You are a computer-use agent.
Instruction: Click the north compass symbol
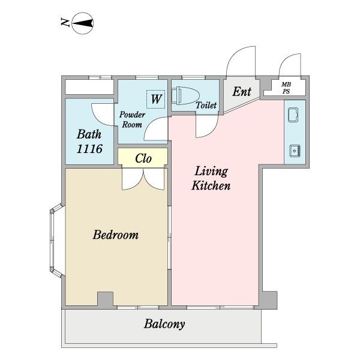[83, 23]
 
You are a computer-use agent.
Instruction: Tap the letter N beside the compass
[65, 23]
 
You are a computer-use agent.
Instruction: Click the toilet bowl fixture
[185, 96]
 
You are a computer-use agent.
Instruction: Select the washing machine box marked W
[156, 99]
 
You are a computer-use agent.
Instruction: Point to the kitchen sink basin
[293, 115]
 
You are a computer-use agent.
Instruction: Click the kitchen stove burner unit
[295, 151]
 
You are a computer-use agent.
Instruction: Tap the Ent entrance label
[242, 92]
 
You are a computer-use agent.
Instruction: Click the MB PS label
[286, 88]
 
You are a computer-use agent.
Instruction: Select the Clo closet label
[143, 158]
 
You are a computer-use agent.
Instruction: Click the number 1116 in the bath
[89, 149]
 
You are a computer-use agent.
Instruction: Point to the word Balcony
[164, 324]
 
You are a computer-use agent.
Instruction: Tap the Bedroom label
[115, 235]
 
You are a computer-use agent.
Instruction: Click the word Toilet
[206, 105]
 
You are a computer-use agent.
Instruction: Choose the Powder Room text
[132, 119]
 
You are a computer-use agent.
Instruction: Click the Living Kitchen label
[211, 178]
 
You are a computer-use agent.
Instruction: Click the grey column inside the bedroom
[106, 299]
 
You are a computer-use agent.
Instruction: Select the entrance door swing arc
[241, 61]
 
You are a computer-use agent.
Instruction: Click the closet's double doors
[143, 179]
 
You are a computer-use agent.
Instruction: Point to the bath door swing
[103, 115]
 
